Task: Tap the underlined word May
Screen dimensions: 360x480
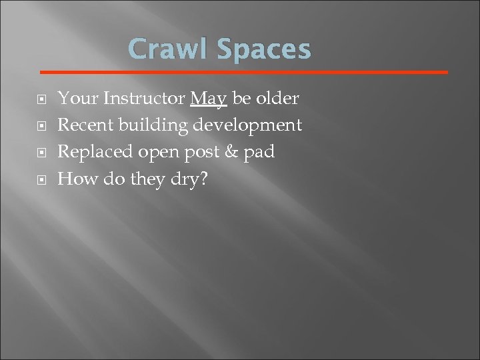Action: coord(209,99)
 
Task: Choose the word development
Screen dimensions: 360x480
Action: coord(248,126)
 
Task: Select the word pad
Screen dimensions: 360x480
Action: coord(260,152)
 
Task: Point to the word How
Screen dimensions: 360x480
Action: coord(74,179)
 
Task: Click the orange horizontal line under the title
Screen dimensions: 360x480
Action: coord(244,71)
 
